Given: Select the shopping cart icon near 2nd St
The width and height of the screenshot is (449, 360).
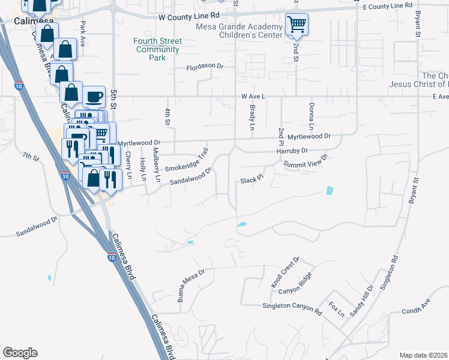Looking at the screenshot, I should pos(296,25).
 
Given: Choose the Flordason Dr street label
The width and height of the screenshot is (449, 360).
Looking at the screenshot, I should pos(205,67).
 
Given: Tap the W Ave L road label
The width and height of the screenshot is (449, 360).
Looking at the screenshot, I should pos(253,96).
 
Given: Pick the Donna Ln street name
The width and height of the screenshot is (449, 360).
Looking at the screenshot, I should pos(311,117).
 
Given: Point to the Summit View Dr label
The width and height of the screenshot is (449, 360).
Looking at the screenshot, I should pos(306,162).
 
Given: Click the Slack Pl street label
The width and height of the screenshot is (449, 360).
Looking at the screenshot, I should pos(252,179).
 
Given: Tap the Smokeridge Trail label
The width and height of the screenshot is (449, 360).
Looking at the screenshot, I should pos(187,160).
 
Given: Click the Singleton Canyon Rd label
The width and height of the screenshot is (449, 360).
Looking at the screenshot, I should pos(292,306).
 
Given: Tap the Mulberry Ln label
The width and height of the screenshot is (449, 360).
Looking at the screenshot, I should pos(156,164).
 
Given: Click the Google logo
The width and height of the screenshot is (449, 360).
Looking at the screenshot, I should pos(20,353).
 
